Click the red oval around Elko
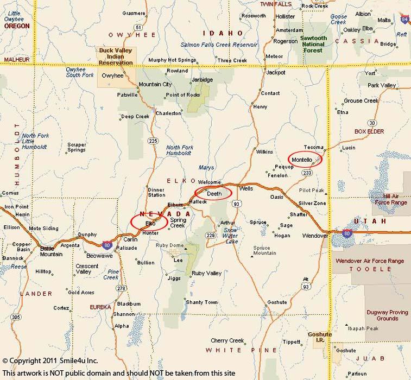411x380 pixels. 149,223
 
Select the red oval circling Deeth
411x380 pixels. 213,193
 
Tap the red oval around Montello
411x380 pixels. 305,159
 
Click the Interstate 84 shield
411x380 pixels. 404,19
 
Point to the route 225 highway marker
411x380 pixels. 153,141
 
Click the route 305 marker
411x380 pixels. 16,316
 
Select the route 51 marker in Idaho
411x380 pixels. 139,27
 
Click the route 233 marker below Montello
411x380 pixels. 307,173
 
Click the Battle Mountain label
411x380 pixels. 51,251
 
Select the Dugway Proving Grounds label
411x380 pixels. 387,315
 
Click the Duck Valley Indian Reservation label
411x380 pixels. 116,56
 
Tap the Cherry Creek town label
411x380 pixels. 227,340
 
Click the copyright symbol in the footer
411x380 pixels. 5,360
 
